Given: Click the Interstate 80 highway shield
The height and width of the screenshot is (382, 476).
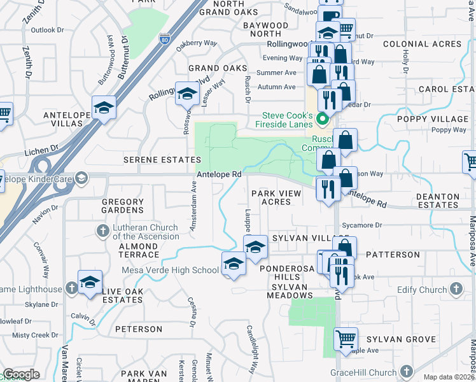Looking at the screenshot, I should pyautogui.click(x=165, y=39).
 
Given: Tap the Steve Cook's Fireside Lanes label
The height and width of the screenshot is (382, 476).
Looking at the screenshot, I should pyautogui.click(x=288, y=119).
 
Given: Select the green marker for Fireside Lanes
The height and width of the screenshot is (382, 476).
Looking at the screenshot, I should pyautogui.click(x=323, y=118).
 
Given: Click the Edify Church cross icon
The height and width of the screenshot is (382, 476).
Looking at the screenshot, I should pyautogui.click(x=456, y=290).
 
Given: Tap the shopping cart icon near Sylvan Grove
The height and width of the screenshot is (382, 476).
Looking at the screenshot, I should pyautogui.click(x=346, y=339).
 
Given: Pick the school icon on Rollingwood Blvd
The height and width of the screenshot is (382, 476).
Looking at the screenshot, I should pyautogui.click(x=187, y=94).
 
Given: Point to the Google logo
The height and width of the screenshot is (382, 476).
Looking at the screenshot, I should pyautogui.click(x=21, y=375).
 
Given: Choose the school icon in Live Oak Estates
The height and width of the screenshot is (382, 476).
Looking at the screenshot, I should pyautogui.click(x=90, y=281).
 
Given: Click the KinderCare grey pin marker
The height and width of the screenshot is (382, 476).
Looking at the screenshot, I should pyautogui.click(x=80, y=179).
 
